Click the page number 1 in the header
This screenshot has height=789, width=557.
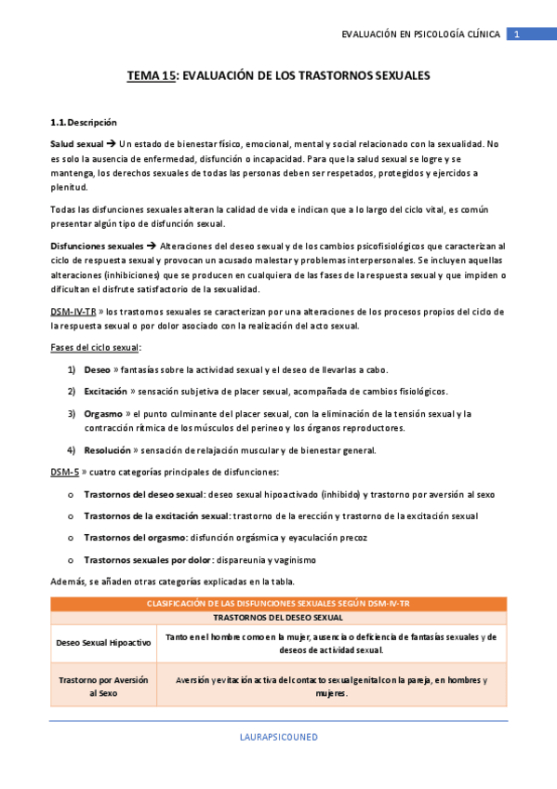pos(518,34)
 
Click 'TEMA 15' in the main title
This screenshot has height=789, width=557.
pos(150,77)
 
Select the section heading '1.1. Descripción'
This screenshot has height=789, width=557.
pos(84,122)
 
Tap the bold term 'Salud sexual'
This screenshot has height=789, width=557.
pos(77,144)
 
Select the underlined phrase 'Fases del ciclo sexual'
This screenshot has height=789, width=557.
pos(94,347)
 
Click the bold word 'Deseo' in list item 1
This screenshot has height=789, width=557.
pos(97,369)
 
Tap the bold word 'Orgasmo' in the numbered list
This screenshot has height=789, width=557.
pos(103,413)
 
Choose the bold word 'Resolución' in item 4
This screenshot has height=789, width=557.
pos(107,450)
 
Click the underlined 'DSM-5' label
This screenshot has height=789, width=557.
pos(64,472)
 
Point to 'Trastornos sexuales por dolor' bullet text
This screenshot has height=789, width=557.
pos(148,560)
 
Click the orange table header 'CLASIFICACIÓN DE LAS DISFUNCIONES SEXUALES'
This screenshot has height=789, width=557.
pos(278,604)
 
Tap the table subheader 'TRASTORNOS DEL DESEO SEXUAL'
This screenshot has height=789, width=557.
pos(278,617)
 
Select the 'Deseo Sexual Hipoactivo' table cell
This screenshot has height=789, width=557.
pos(103,643)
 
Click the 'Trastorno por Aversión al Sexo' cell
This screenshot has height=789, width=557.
pos(103,687)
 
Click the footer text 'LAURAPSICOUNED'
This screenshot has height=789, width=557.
pos(278,736)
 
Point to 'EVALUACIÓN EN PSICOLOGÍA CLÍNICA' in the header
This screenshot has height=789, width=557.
pos(420,34)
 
